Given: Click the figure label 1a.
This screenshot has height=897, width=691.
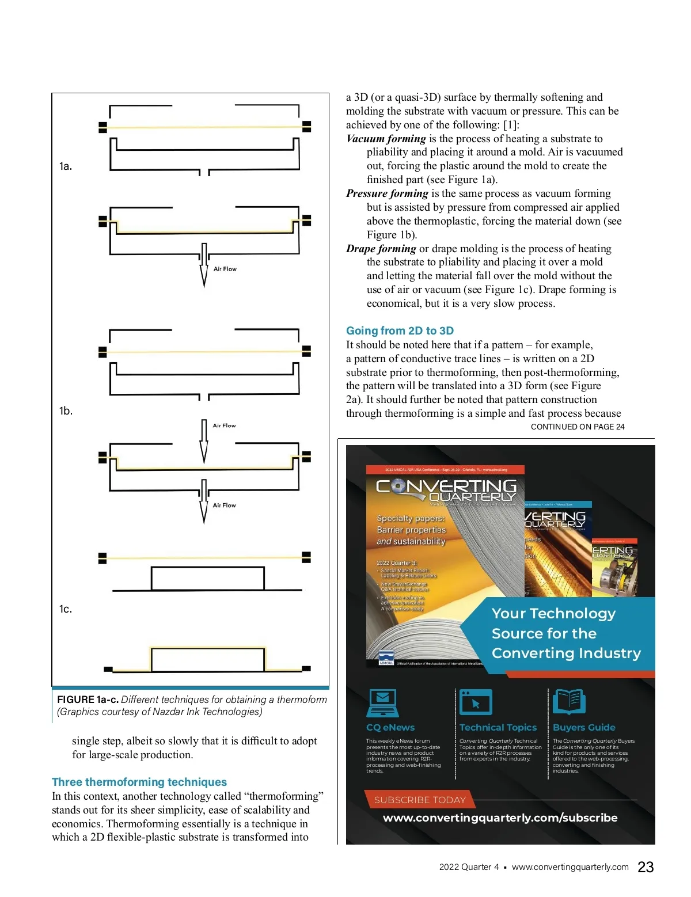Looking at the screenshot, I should pyautogui.click(x=66, y=166).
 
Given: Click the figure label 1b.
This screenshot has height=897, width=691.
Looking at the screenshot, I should pyautogui.click(x=66, y=411).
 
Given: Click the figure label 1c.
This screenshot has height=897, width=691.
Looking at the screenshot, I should pyautogui.click(x=66, y=609).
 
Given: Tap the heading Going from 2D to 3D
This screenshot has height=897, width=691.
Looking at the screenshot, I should pyautogui.click(x=400, y=330).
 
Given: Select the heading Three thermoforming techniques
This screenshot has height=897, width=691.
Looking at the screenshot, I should pyautogui.click(x=139, y=782).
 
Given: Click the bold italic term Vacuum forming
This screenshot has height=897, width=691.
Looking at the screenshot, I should pyautogui.click(x=386, y=139).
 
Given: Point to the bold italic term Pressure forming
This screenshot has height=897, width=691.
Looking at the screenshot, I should pyautogui.click(x=387, y=193).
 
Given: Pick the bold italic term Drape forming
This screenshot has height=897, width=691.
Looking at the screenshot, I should pyautogui.click(x=381, y=249).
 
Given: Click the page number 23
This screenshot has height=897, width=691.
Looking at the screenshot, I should pyautogui.click(x=646, y=867).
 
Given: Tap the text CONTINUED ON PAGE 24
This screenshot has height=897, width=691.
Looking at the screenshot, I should pyautogui.click(x=578, y=427).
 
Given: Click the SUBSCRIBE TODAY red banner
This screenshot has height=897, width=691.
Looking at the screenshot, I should pyautogui.click(x=420, y=800).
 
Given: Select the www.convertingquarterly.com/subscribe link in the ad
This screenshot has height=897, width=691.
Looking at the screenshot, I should pyautogui.click(x=500, y=818).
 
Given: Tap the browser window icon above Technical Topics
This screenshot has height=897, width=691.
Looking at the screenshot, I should pyautogui.click(x=476, y=702).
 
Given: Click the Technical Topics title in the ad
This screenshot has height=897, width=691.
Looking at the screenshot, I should pyautogui.click(x=498, y=728).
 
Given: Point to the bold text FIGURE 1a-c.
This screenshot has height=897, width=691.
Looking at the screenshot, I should pyautogui.click(x=88, y=700).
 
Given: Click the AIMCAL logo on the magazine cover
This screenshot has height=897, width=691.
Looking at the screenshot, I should pyautogui.click(x=386, y=658).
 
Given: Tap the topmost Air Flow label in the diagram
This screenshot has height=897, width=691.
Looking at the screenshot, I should pyautogui.click(x=225, y=269).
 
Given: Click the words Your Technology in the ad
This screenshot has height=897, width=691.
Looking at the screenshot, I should pyautogui.click(x=553, y=614).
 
